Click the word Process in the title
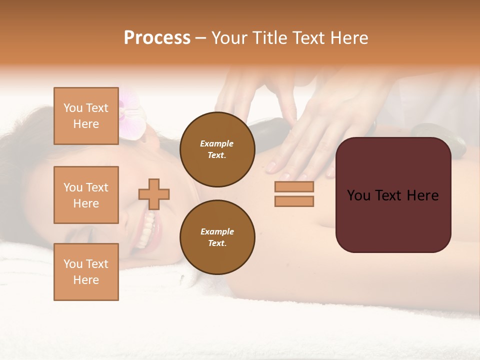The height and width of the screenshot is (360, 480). (x=157, y=38)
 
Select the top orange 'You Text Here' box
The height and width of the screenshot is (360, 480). (x=86, y=116)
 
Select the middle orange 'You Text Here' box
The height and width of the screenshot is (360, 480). (x=86, y=195)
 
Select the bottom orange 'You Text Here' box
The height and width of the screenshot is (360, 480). (x=86, y=271)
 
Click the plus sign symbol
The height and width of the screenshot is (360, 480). (x=154, y=194)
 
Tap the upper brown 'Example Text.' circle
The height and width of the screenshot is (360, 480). (x=217, y=149)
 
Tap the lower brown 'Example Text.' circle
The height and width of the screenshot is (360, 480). (x=217, y=237)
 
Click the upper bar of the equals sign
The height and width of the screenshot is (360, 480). (x=294, y=186)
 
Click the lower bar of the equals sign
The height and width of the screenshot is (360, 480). (x=294, y=201)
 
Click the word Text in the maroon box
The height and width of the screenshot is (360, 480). (x=393, y=195)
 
